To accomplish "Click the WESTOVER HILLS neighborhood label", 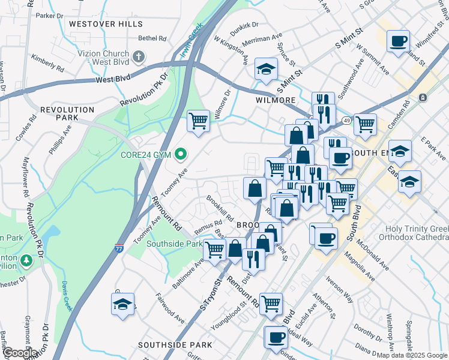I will click(x=106, y=24).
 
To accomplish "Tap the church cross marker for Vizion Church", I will click(x=139, y=57).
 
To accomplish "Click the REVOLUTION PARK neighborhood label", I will click(x=67, y=114).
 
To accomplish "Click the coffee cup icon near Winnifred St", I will click(x=398, y=42).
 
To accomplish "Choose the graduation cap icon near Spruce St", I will click(x=266, y=70).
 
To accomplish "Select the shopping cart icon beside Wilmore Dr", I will click(x=198, y=121).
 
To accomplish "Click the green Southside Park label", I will click(x=175, y=244).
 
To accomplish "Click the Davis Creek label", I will click(x=66, y=295).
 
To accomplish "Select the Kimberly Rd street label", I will click(x=44, y=61).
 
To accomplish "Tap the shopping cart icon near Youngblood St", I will click(x=271, y=304).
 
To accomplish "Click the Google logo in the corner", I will click(x=20, y=353).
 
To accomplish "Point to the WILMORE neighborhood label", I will click(x=276, y=100).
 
